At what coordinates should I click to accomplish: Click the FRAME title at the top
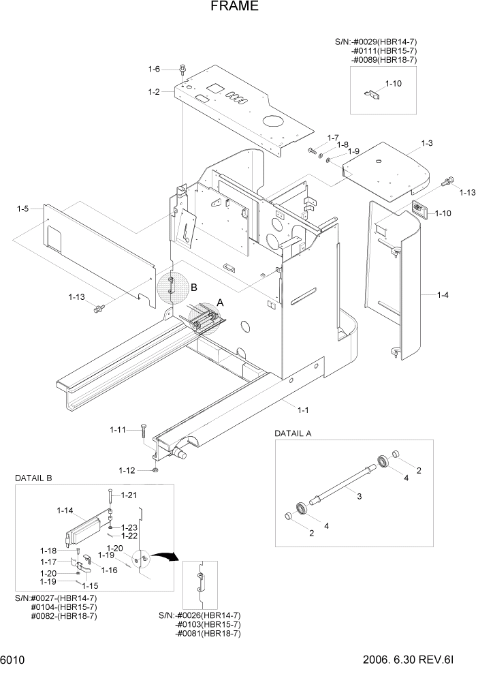(x=234, y=7)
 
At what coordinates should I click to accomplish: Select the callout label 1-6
(x=154, y=69)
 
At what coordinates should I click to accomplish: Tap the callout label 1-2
(x=154, y=91)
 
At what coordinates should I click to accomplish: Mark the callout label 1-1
(x=303, y=409)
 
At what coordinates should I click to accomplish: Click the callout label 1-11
(x=118, y=429)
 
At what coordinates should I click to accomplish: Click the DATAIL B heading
(x=33, y=478)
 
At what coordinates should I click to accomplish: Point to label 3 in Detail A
(x=360, y=497)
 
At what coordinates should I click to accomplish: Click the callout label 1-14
(x=65, y=510)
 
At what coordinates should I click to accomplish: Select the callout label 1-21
(x=129, y=495)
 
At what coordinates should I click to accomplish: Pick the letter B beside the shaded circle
(x=193, y=288)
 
